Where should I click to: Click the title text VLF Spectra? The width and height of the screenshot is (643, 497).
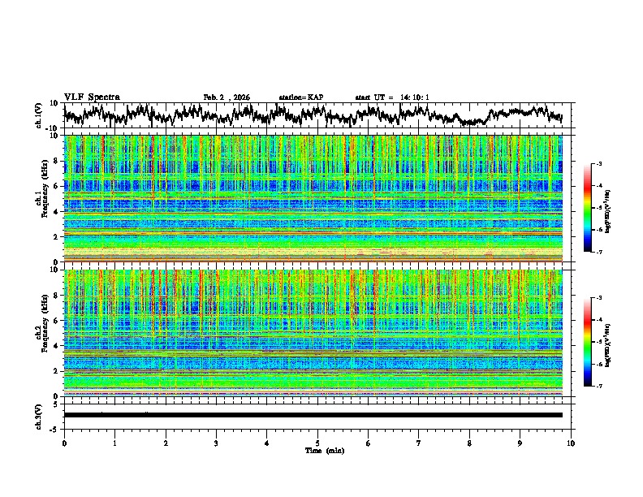pyautogui.click(x=92, y=97)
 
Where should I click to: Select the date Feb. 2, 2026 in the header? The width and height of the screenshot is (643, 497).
pyautogui.click(x=227, y=97)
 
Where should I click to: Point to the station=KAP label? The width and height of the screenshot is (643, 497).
pyautogui.click(x=300, y=97)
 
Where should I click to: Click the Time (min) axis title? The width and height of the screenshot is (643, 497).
pyautogui.click(x=317, y=450)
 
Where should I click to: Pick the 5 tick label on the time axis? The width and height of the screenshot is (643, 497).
pyautogui.click(x=317, y=443)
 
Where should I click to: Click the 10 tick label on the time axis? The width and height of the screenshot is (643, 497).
pyautogui.click(x=571, y=443)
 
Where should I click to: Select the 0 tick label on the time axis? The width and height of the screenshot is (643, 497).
pyautogui.click(x=64, y=443)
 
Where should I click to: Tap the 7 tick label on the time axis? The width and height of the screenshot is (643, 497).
pyautogui.click(x=419, y=443)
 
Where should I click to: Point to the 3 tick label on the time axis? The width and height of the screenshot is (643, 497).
pyautogui.click(x=216, y=443)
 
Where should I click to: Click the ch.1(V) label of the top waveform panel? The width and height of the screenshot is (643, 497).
pyautogui.click(x=39, y=115)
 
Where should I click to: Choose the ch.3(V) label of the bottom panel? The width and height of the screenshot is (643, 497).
pyautogui.click(x=39, y=415)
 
